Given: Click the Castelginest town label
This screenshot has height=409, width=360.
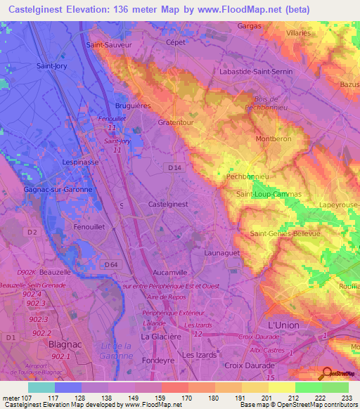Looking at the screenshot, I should coord(169,204).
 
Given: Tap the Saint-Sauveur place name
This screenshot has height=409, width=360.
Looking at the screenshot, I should coord(108,44).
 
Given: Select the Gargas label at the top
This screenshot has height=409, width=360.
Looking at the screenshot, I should coord(249,26).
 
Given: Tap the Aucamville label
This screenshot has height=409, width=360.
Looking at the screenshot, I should coord(173,271).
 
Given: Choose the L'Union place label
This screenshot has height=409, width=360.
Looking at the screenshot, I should coord(283,325).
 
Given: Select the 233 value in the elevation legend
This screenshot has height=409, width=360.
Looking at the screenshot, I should coord(345,397).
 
